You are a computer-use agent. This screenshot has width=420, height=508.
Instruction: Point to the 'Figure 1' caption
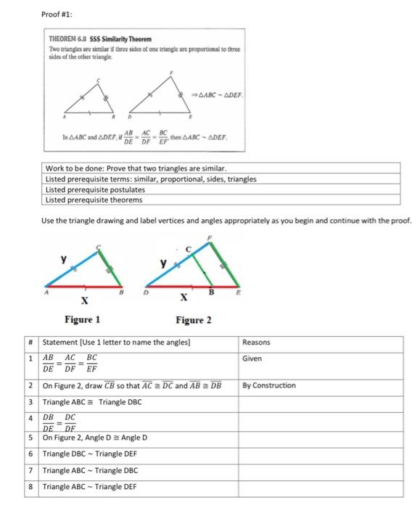pyautogui.click(x=82, y=319)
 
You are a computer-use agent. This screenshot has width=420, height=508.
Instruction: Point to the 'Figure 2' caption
pyautogui.click(x=194, y=319)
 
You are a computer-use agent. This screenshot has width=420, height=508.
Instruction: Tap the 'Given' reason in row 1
pyautogui.click(x=252, y=359)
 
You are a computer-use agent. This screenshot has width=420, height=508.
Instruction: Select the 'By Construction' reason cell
pyautogui.click(x=268, y=385)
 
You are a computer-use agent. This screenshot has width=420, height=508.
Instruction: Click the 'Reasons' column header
pyautogui.click(x=256, y=342)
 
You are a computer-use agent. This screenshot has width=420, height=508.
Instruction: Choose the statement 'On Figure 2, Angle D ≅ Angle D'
pyautogui.click(x=95, y=437)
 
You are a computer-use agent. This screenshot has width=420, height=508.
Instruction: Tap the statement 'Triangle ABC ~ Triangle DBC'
pyautogui.click(x=89, y=470)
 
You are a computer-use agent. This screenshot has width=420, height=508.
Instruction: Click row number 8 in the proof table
pyautogui.click(x=32, y=486)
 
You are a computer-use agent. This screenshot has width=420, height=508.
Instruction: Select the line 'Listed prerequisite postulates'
pyautogui.click(x=90, y=189)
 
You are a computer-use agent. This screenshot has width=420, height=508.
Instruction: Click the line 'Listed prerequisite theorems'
pyautogui.click(x=88, y=200)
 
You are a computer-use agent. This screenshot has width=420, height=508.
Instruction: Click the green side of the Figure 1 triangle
pyautogui.click(x=113, y=266)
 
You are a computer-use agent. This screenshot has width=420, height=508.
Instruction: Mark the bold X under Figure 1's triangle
pyautogui.click(x=85, y=300)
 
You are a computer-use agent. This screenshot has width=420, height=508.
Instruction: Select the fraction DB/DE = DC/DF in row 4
pyautogui.click(x=59, y=422)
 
